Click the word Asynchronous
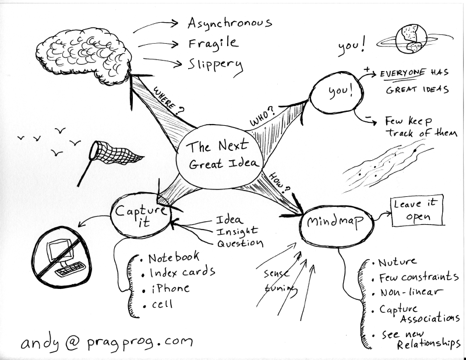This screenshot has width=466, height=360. point(230,24)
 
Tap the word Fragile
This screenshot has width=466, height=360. point(213,43)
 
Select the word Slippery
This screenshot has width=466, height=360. point(215,64)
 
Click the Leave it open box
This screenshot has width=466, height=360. point(415,211)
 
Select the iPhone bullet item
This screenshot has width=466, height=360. point(168,288)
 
